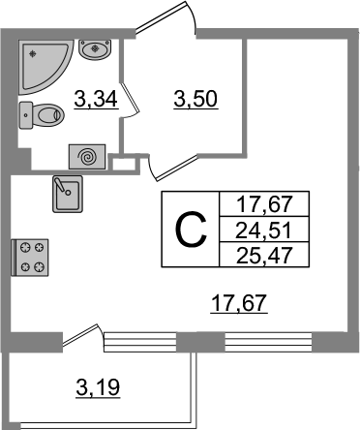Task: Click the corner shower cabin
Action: click(42, 65)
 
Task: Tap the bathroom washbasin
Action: click(95, 49)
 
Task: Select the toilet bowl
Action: click(42, 115)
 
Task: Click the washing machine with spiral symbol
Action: click(87, 157)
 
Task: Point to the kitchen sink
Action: click(68, 194)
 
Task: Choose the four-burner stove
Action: click(30, 258)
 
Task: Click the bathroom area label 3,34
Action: click(96, 99)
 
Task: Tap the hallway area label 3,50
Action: click(195, 99)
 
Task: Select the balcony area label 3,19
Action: click(98, 387)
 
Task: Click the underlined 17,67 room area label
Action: click(239, 303)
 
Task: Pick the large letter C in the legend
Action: click(191, 230)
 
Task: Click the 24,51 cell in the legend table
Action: click(264, 230)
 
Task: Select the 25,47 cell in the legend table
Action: click(264, 255)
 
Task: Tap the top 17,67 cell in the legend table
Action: click(264, 204)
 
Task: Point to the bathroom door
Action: click(130, 99)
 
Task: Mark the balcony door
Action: click(83, 335)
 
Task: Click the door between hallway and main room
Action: click(172, 168)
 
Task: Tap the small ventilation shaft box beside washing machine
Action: click(124, 164)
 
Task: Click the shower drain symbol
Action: click(32, 54)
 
